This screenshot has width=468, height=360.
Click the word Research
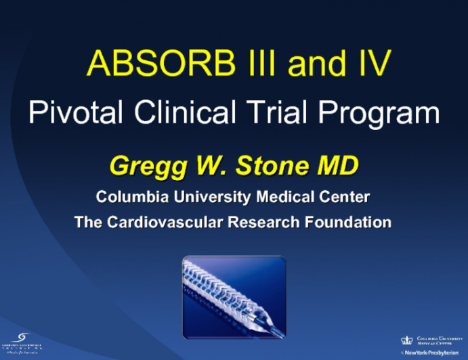click(x=261, y=222)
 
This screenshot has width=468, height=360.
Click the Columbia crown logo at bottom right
click(x=406, y=341)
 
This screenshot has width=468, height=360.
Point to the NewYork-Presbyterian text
click(x=432, y=353)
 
